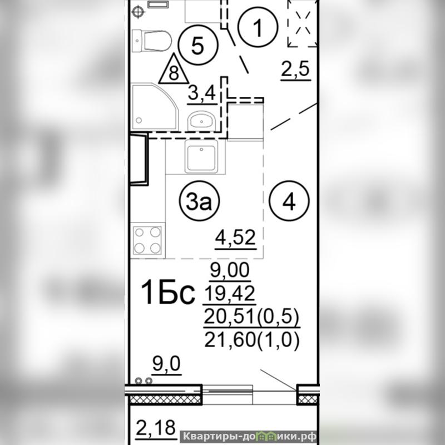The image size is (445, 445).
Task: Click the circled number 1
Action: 258,27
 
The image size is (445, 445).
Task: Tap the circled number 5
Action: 198,45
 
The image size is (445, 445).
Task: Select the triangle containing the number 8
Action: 174,70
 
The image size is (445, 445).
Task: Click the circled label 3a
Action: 199,201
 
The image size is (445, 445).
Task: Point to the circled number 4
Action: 289,201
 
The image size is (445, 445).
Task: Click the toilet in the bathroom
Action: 151,41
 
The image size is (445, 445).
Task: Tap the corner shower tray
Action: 155,107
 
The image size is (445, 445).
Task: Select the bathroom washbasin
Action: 201,120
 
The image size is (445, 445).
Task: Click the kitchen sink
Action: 201,157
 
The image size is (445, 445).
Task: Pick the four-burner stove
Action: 147,240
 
